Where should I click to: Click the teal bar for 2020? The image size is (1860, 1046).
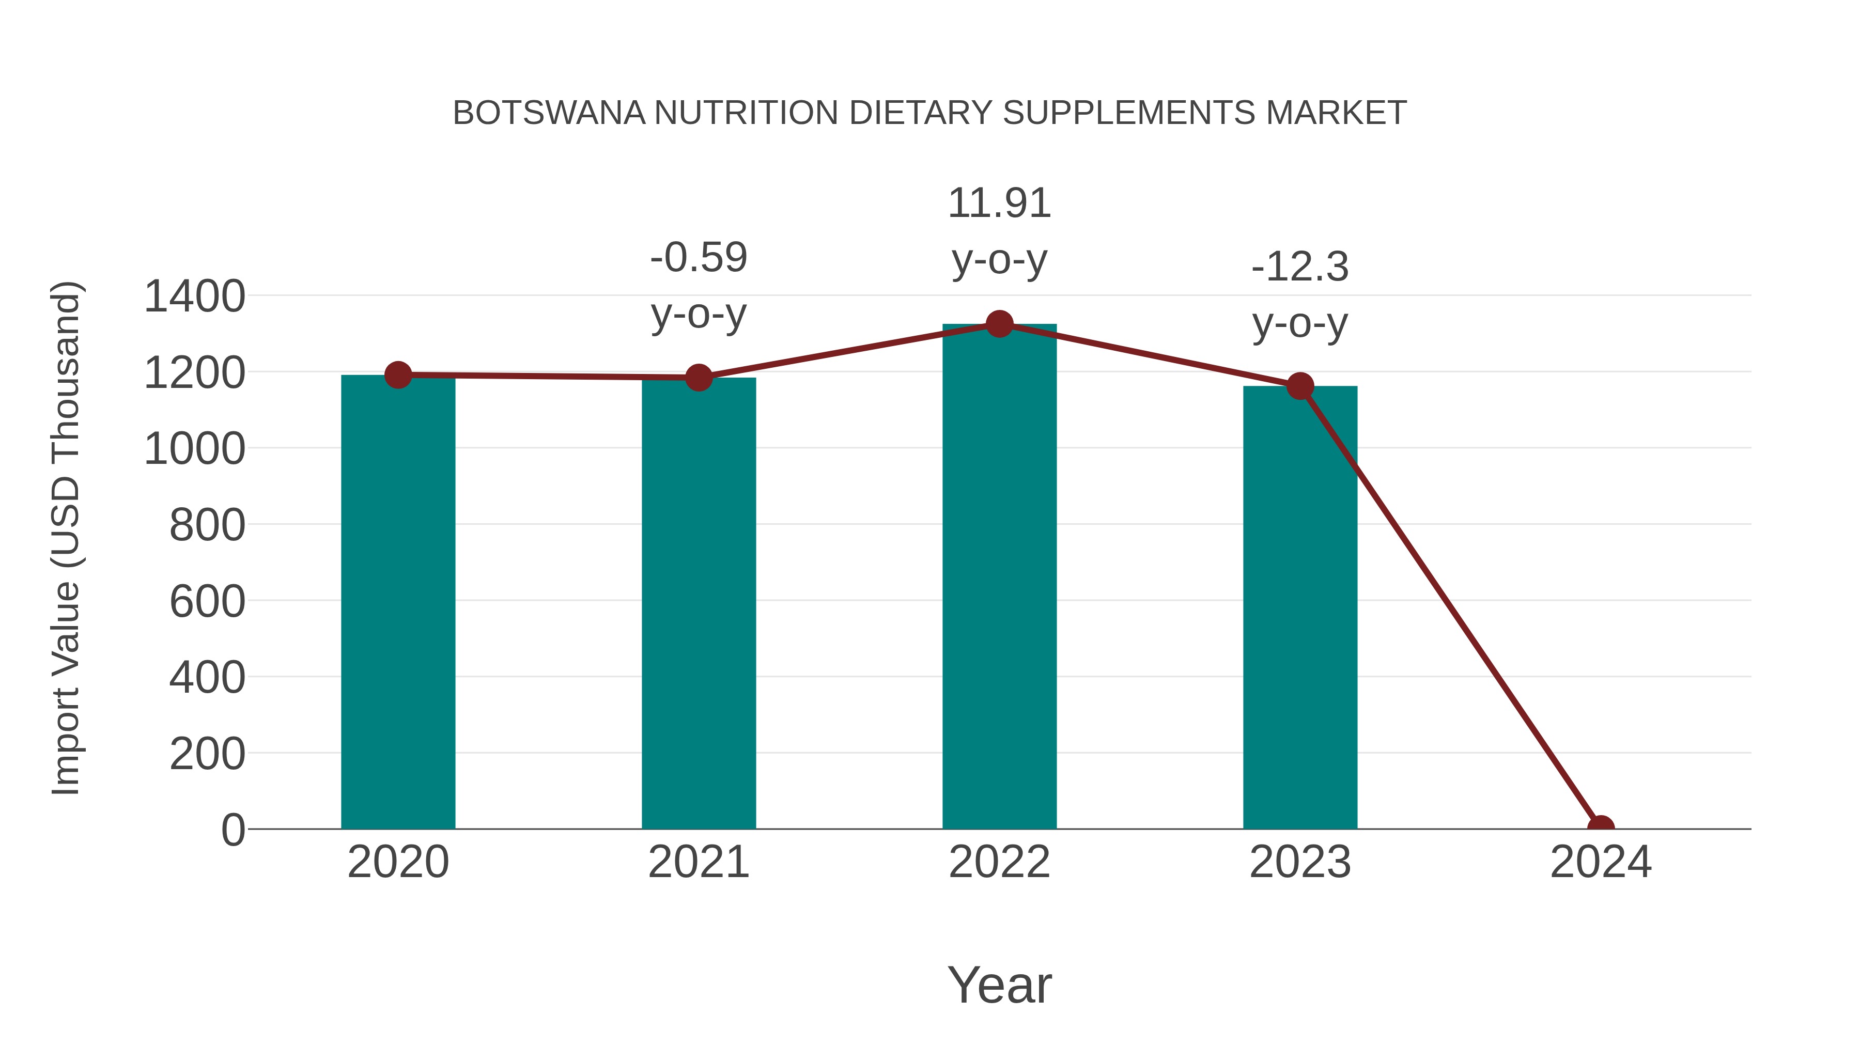(x=398, y=602)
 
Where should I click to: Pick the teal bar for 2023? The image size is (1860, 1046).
(x=1300, y=608)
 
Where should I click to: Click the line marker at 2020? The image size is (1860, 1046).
(x=398, y=374)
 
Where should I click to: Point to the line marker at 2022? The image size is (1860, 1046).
(x=999, y=324)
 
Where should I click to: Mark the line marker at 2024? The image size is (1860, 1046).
(x=1600, y=828)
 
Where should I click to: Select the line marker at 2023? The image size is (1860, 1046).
(x=1300, y=386)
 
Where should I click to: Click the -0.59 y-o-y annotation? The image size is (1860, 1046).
(x=698, y=285)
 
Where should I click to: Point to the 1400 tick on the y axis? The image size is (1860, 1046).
(x=194, y=296)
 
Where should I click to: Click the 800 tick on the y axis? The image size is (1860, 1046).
(x=207, y=525)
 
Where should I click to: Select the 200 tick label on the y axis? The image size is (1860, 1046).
(x=207, y=754)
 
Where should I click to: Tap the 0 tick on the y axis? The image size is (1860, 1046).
(x=233, y=830)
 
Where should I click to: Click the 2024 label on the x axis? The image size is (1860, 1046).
(x=1600, y=862)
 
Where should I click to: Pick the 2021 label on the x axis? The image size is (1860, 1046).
(x=698, y=862)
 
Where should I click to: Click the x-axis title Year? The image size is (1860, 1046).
(x=999, y=985)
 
